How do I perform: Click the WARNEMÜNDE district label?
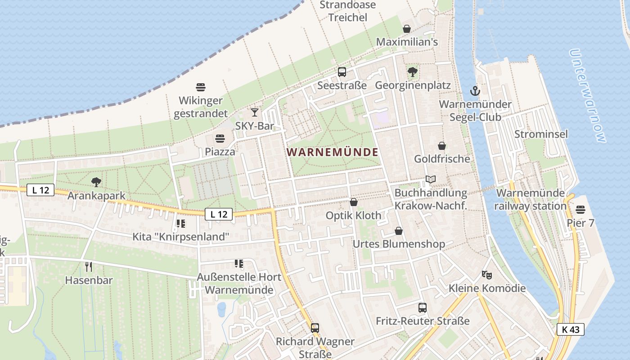tap(333, 152)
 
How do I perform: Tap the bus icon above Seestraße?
tap(342, 72)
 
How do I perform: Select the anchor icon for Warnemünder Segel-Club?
tap(475, 91)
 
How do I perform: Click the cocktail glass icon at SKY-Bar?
tap(255, 112)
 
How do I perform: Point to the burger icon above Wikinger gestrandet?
tap(201, 86)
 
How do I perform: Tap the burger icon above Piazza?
tap(220, 138)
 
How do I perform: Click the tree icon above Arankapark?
tap(96, 182)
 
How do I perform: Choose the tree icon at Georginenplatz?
tap(412, 72)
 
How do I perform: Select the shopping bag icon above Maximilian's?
tap(407, 29)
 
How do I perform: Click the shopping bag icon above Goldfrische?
tap(442, 146)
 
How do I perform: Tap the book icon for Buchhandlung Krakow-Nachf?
tap(431, 180)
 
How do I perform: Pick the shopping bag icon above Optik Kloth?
tap(354, 202)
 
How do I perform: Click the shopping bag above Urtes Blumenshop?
tap(399, 231)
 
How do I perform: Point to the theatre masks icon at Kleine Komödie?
tap(486, 274)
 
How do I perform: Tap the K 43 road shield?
tap(570, 329)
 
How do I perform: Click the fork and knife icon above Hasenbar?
tap(89, 267)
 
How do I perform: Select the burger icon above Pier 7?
tap(580, 210)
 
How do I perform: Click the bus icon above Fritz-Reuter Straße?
tap(423, 308)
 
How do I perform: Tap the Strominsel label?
tap(541, 134)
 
